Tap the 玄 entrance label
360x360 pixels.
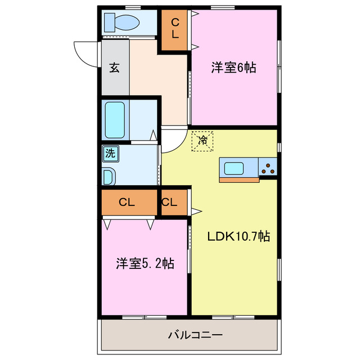click(x=114, y=68)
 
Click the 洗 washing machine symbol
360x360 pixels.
click(x=110, y=152)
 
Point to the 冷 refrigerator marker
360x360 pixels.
click(x=202, y=140)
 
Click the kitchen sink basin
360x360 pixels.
click(x=233, y=168)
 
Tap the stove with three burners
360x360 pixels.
click(x=268, y=168)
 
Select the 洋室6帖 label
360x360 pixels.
click(x=233, y=68)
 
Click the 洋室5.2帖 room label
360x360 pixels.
click(x=145, y=263)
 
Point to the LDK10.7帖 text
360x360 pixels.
click(x=238, y=237)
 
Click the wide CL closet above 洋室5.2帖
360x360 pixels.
click(x=129, y=203)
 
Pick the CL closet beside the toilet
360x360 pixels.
click(x=175, y=29)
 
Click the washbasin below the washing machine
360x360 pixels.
click(x=109, y=175)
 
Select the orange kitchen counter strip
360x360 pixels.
click(x=239, y=180)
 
